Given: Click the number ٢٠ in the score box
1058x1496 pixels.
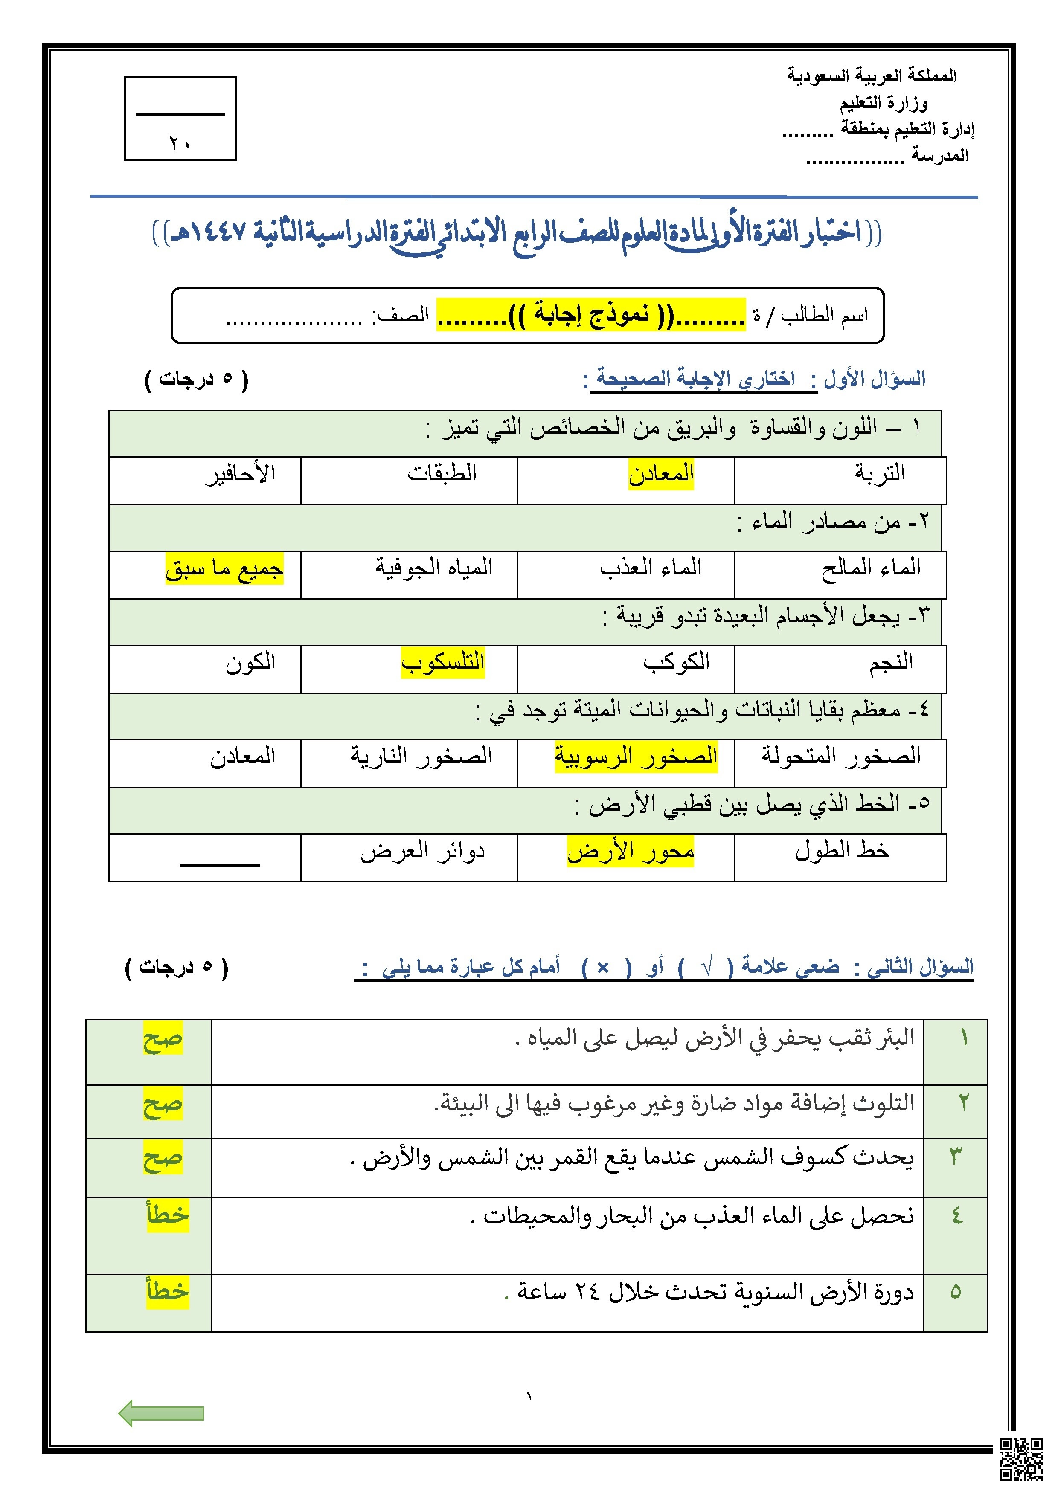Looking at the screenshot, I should tap(180, 143).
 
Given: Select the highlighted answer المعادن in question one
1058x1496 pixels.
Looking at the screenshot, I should tap(660, 474).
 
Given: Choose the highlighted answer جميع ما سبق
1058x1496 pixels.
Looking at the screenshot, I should tap(224, 568).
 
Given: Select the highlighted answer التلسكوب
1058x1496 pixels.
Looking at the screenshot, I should tap(443, 663).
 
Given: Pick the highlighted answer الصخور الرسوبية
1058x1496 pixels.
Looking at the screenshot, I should tap(636, 757).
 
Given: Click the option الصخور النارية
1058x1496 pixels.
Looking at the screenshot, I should tap(421, 757).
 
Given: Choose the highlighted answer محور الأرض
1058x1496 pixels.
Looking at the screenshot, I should tap(631, 851).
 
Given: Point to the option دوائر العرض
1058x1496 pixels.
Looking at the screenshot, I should tap(422, 851).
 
